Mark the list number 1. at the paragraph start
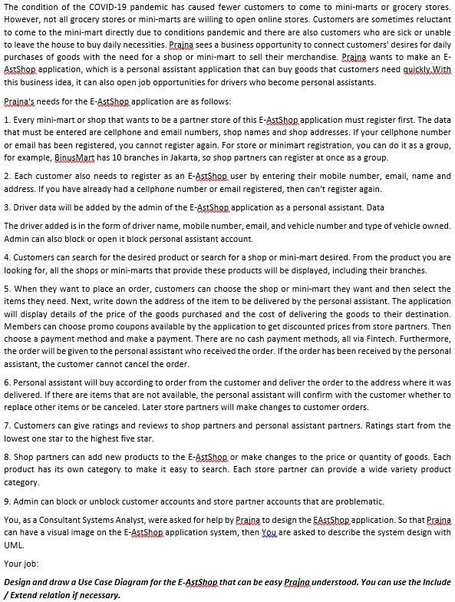pos(7,121)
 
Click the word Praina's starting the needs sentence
pos(21,102)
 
